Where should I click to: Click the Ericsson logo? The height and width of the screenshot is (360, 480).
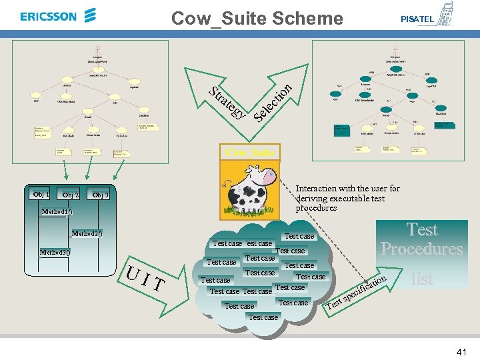59,16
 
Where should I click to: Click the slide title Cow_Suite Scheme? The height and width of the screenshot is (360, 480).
257,18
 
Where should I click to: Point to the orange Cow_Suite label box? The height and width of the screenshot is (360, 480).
250,153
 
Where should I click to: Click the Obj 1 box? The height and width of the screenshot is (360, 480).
41,194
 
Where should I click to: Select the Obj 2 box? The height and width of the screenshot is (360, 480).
70,195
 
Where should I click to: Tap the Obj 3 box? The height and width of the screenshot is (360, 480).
101,195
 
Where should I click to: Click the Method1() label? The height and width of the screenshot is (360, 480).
56,212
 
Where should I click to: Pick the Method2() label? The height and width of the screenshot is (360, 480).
86,234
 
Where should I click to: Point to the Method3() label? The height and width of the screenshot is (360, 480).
55,253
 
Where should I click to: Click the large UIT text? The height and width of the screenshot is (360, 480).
145,279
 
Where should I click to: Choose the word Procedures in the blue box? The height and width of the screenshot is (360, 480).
421,249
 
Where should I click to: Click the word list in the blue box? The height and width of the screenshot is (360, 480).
422,279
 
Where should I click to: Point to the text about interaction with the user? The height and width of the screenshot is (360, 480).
347,198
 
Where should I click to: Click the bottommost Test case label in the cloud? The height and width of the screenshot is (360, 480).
263,317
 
